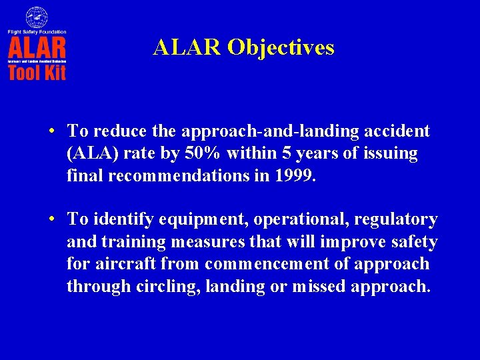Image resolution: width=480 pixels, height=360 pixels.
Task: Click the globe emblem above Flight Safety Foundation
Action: pyautogui.click(x=37, y=17)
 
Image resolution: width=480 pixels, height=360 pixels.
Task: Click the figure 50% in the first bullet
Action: pyautogui.click(x=202, y=154)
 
